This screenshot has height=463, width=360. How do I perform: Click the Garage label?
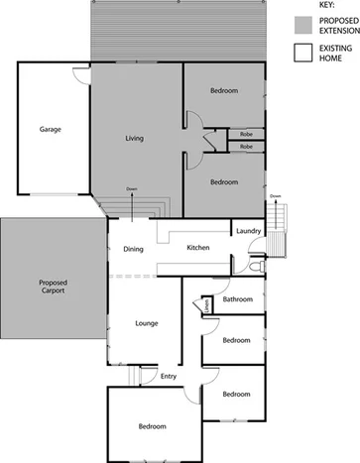(x=52, y=130)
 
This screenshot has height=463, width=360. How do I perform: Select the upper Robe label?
(x=246, y=134)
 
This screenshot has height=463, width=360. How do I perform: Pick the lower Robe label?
(x=246, y=147)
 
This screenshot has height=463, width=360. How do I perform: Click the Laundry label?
(x=248, y=231)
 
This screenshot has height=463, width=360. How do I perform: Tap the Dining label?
(x=134, y=250)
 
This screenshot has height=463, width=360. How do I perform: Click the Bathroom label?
(x=238, y=299)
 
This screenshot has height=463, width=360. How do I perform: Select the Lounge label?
(x=147, y=323)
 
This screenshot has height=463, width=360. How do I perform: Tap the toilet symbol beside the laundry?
(x=256, y=267)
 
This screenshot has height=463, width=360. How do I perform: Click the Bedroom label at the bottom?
(x=152, y=426)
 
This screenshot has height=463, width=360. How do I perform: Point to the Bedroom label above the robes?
(x=224, y=91)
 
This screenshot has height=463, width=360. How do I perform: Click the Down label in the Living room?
(x=132, y=188)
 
